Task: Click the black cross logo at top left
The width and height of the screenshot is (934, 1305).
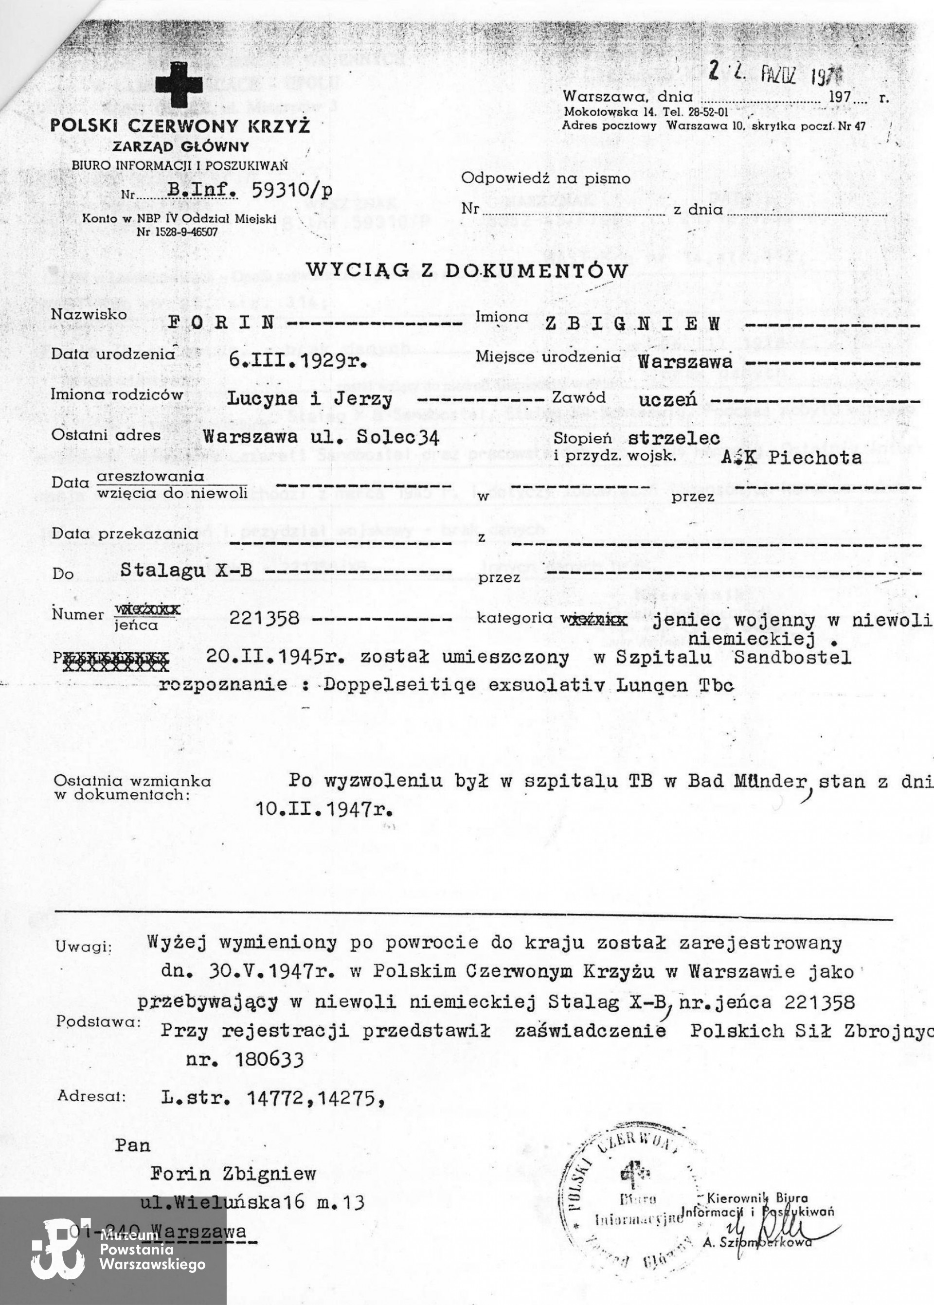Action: click(179, 85)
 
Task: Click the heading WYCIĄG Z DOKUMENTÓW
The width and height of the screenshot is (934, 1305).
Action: click(467, 270)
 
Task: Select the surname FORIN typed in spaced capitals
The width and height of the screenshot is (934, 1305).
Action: click(221, 322)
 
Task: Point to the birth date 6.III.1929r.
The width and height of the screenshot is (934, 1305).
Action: click(298, 360)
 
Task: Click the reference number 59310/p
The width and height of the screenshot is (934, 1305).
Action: click(291, 191)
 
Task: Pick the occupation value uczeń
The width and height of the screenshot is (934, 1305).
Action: click(667, 399)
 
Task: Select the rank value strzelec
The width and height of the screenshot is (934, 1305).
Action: click(673, 438)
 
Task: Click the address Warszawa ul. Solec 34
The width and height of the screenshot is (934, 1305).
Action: click(321, 437)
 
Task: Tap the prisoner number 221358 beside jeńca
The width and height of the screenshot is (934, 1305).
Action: click(264, 618)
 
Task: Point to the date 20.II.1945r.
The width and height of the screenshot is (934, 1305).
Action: click(275, 657)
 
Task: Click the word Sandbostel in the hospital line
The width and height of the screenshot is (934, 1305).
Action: click(792, 658)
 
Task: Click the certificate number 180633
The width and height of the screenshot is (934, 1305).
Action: click(269, 1059)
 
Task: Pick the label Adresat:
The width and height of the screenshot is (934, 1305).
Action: click(91, 1096)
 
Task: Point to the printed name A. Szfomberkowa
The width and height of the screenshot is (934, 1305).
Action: click(757, 1242)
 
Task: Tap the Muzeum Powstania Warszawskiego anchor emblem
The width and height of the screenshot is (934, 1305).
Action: click(59, 1249)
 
